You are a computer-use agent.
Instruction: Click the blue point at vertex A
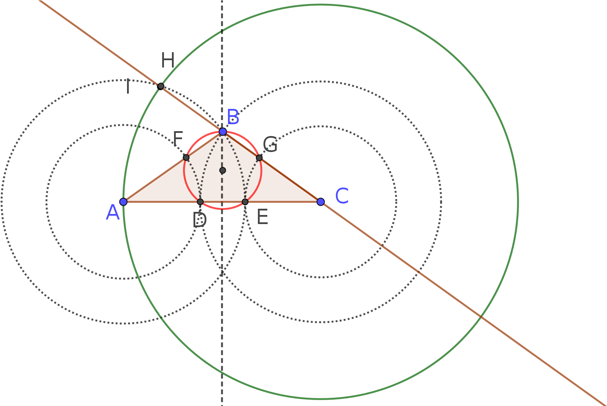click(123, 202)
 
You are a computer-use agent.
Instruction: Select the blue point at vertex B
click(223, 132)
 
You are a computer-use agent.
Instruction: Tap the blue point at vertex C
click(321, 202)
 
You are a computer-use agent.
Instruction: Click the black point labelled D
click(200, 202)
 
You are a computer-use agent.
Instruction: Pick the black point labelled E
click(245, 202)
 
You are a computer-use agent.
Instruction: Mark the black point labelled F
click(186, 158)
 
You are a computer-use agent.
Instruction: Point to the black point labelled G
click(259, 158)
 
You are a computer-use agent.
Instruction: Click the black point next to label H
click(160, 86)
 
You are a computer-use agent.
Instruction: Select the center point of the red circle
click(223, 170)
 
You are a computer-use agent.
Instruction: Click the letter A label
click(113, 212)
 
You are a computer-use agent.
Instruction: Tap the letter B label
click(233, 117)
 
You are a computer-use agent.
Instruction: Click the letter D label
click(200, 220)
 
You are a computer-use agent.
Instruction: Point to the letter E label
click(262, 217)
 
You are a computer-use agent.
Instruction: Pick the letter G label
click(270, 144)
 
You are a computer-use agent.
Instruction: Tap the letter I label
click(128, 87)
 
